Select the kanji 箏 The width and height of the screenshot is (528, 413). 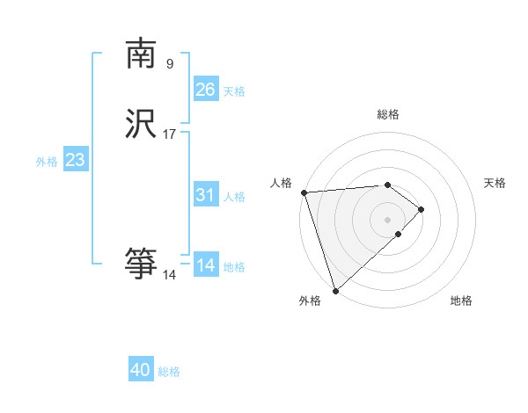[141, 263]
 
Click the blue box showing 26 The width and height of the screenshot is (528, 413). [206, 90]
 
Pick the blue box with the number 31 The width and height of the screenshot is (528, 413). [206, 196]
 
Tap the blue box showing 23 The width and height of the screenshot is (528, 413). [75, 160]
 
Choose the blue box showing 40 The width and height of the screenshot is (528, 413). [141, 370]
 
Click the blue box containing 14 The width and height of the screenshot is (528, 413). [206, 264]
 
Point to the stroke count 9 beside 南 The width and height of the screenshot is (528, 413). [170, 63]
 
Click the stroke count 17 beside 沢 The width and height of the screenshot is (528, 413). [170, 134]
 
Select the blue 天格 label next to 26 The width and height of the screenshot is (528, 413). [234, 91]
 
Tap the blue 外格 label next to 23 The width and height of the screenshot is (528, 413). [47, 162]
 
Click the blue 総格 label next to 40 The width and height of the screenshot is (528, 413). [169, 372]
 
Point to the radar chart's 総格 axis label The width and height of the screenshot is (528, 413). [388, 114]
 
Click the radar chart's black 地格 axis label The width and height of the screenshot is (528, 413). [461, 301]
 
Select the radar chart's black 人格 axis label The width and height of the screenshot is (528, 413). [281, 182]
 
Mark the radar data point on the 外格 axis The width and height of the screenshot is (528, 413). [334, 289]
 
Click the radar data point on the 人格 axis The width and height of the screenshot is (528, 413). [304, 192]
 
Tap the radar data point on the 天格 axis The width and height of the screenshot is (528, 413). [422, 209]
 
